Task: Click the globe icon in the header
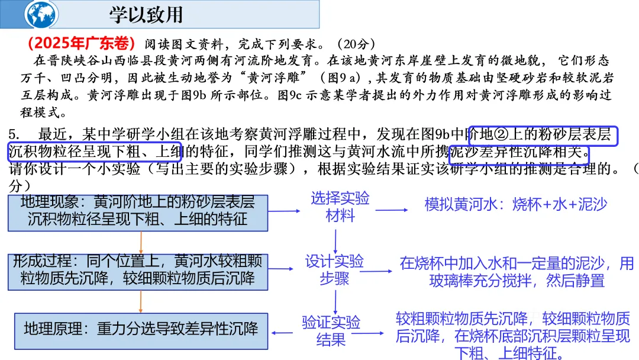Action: click(x=42, y=14)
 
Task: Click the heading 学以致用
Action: click(x=146, y=14)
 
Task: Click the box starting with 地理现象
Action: click(x=137, y=211)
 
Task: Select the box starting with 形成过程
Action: click(x=137, y=269)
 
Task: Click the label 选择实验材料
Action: click(x=340, y=207)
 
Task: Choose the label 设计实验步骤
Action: click(x=334, y=269)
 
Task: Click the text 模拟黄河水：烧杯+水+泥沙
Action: click(x=515, y=205)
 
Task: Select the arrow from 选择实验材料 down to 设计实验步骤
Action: click(x=335, y=240)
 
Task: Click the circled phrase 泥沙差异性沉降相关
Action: click(x=519, y=153)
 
